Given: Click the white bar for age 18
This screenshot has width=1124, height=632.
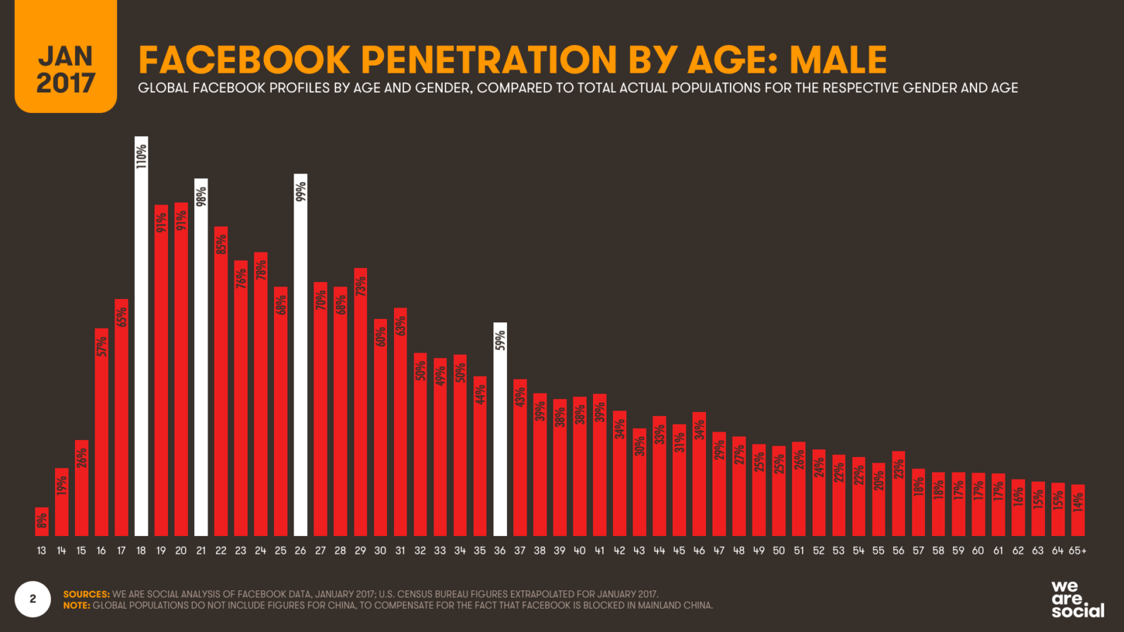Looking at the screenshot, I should click(x=141, y=339).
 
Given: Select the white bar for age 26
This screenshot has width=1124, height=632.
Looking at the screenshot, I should click(x=301, y=360).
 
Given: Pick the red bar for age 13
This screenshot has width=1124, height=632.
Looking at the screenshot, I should click(x=42, y=521).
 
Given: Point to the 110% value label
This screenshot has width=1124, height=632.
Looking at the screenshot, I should click(x=141, y=156).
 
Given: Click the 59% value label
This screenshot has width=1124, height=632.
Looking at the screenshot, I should click(x=500, y=340).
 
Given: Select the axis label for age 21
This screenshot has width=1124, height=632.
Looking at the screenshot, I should click(x=201, y=550).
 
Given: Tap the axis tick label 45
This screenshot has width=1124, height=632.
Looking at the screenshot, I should click(x=679, y=550).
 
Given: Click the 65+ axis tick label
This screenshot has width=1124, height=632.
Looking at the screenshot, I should click(x=1077, y=550).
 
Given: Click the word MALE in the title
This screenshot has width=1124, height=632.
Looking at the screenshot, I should click(x=838, y=59).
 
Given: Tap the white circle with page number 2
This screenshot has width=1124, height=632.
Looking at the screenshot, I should click(x=32, y=599).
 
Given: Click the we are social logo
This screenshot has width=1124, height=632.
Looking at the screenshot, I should click(x=1077, y=599).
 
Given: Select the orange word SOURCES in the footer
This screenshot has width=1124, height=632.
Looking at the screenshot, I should click(x=86, y=595).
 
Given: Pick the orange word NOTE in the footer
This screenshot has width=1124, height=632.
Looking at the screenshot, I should click(x=76, y=605).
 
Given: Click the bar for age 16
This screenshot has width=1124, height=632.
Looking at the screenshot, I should click(x=102, y=432).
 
